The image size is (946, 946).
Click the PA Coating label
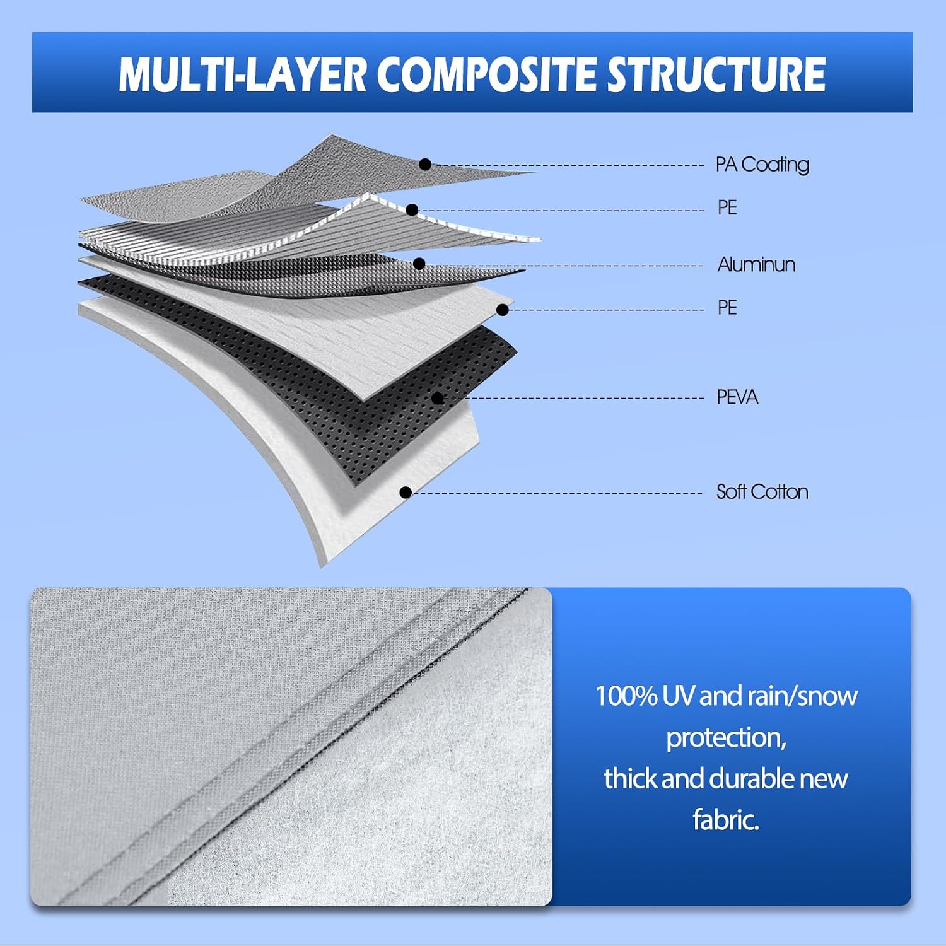click(762, 165)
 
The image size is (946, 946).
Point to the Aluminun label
click(756, 264)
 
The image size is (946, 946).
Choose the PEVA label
click(737, 397)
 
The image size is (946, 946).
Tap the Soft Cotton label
click(762, 492)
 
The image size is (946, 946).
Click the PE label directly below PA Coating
click(727, 207)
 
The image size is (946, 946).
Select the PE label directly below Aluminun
click(727, 307)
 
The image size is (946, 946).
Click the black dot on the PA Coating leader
click(425, 165)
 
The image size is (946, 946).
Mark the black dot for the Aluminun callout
click(419, 264)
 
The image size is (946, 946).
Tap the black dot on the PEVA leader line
click(438, 398)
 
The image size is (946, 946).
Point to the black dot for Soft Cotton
click(406, 492)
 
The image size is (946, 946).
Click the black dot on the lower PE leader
click(503, 310)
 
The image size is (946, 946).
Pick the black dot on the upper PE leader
click(412, 210)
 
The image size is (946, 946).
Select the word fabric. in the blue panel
click(726, 820)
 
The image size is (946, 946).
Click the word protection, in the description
click(727, 738)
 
